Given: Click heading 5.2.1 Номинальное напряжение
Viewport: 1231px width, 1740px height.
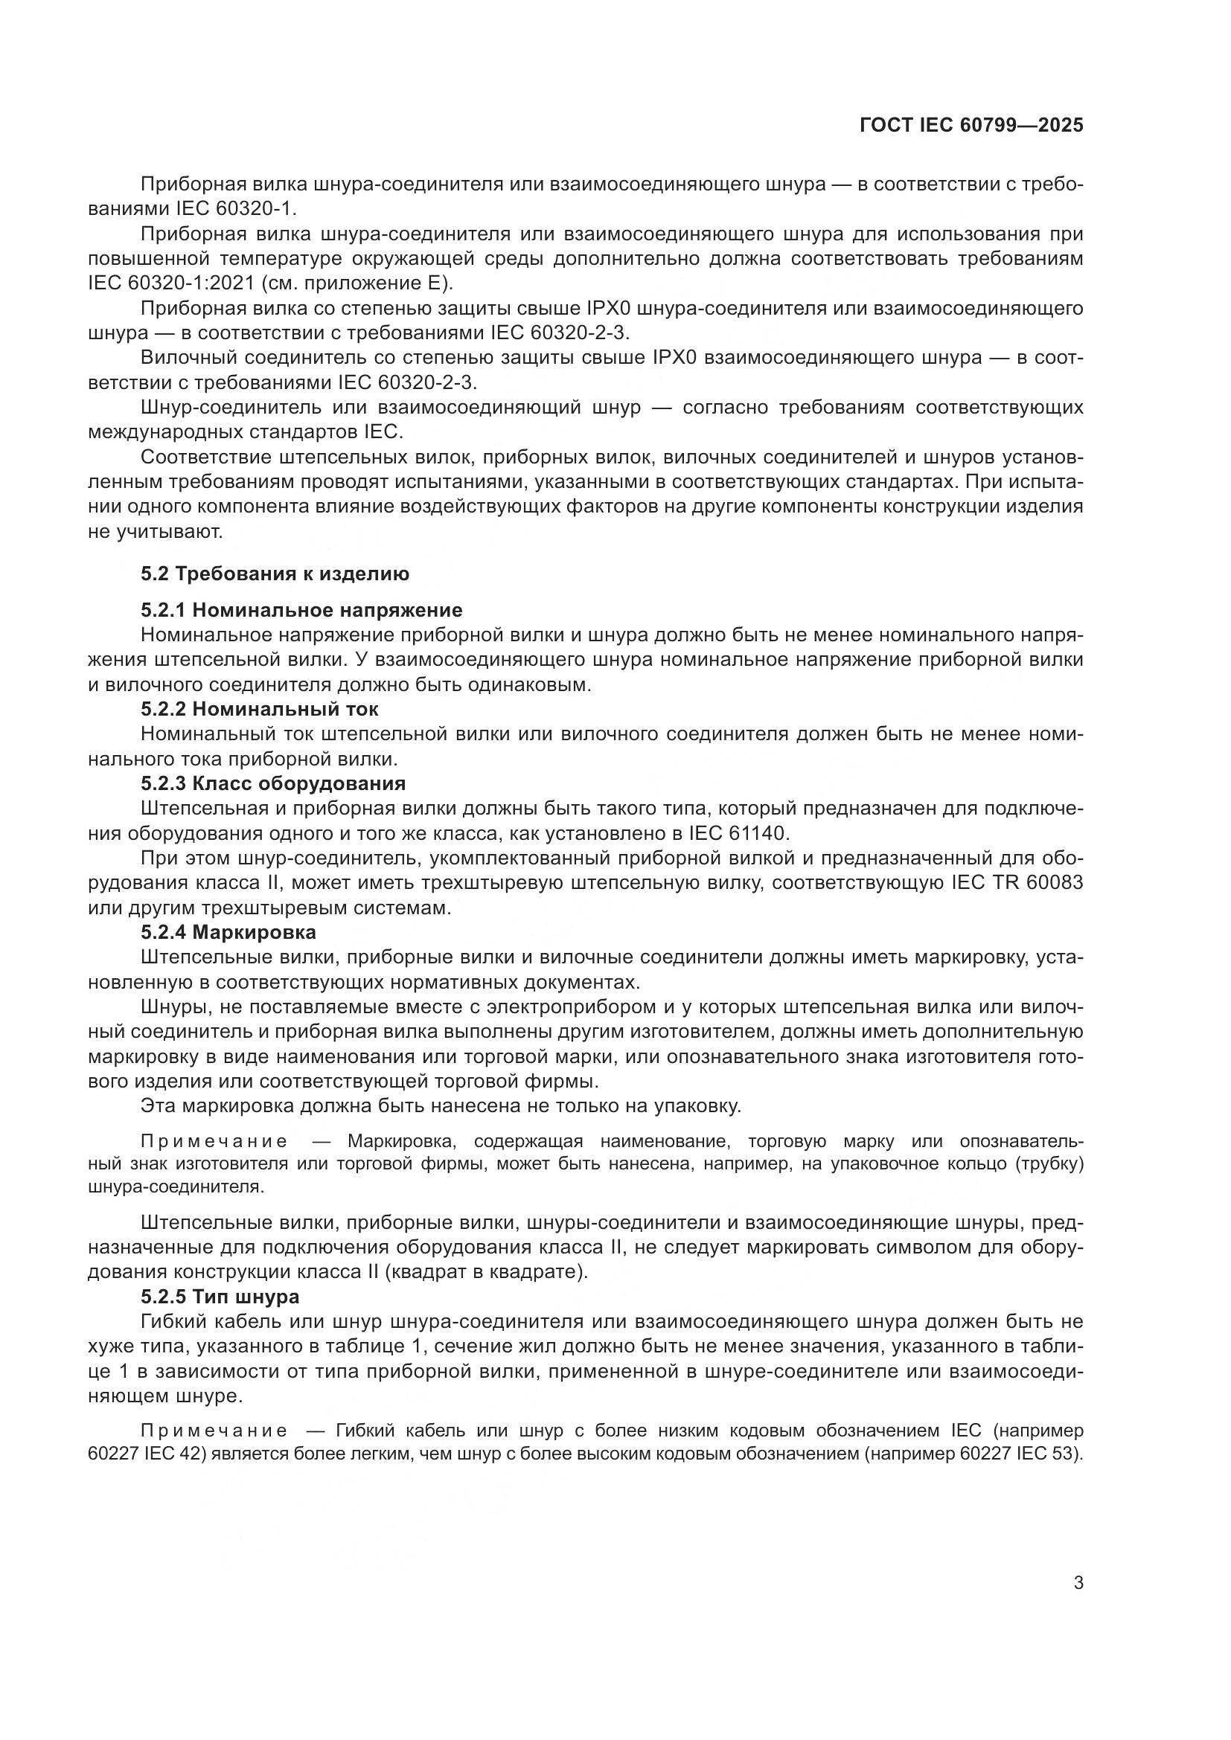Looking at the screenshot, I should click(x=301, y=610).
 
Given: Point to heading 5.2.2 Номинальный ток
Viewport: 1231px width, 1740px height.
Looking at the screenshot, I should click(x=259, y=710).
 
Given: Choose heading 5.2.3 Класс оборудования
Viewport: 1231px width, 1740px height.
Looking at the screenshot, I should click(x=273, y=783).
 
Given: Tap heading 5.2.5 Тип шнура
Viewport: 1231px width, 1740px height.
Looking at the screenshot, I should click(x=220, y=1297).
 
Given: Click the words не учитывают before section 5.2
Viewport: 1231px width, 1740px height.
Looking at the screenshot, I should click(x=156, y=532).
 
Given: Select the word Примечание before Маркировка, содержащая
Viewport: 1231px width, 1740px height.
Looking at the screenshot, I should click(x=214, y=1142).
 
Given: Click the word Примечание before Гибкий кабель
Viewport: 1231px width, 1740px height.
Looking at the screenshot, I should click(x=214, y=1431).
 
